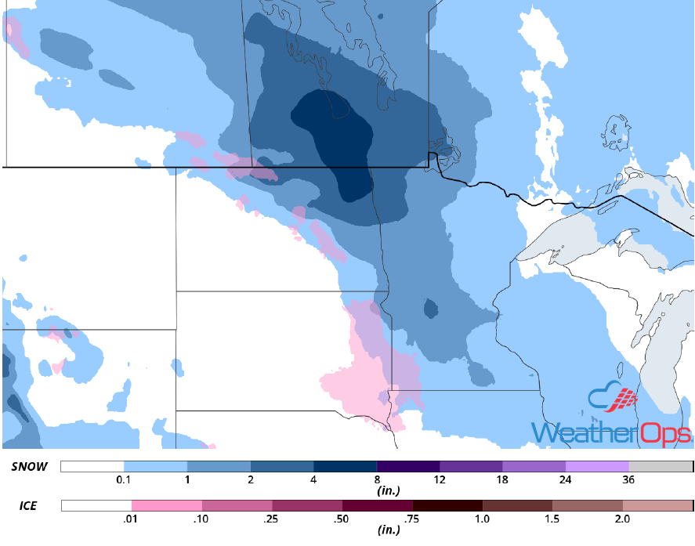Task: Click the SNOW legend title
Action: [x=30, y=467]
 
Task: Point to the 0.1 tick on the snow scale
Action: [x=123, y=479]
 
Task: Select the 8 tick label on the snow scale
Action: [x=377, y=479]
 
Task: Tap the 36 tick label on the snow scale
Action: [x=629, y=479]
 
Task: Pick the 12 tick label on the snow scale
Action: [x=440, y=479]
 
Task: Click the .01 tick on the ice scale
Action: [x=132, y=519]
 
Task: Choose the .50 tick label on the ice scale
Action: [x=342, y=519]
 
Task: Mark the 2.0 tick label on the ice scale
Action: [x=623, y=519]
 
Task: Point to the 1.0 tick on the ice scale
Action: [x=483, y=519]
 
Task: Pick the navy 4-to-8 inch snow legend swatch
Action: [x=345, y=467]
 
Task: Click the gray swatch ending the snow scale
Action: [x=661, y=467]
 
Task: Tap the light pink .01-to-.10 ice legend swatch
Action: [x=166, y=506]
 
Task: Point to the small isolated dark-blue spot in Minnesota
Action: [x=430, y=309]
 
